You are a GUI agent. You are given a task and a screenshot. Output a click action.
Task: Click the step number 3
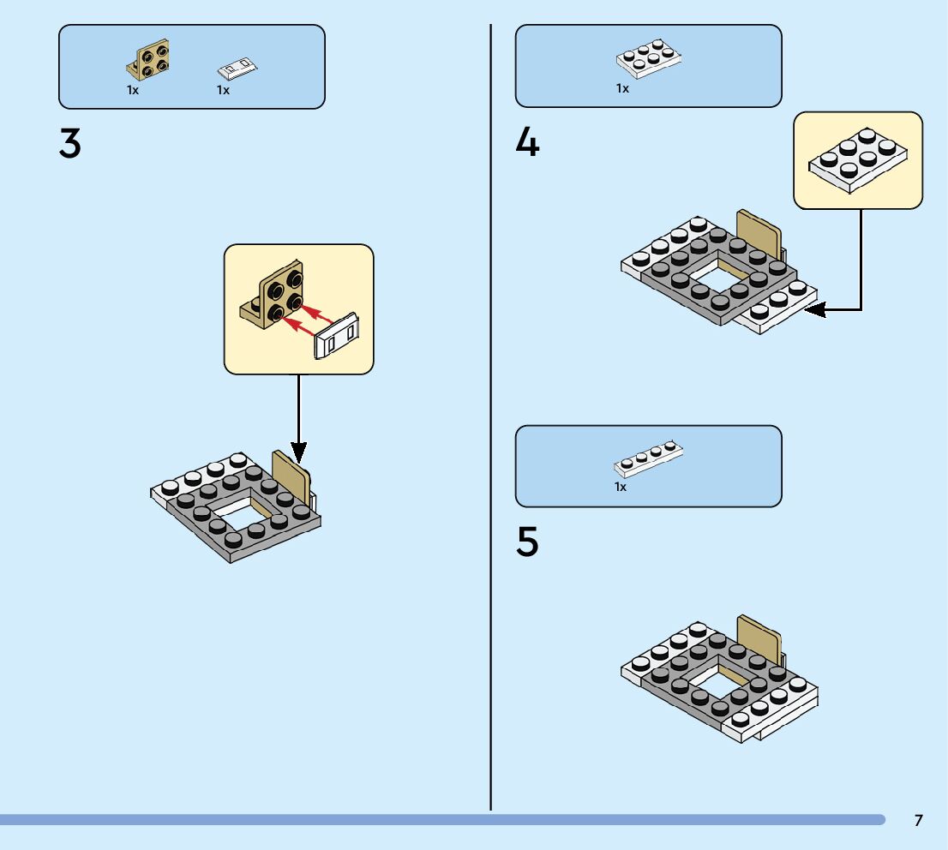(70, 144)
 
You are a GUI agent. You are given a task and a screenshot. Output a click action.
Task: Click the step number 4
(527, 142)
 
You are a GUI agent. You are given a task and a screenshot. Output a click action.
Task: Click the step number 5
(527, 542)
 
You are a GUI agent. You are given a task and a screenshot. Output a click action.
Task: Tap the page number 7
(918, 820)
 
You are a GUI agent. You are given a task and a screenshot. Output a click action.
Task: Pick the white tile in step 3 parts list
(238, 66)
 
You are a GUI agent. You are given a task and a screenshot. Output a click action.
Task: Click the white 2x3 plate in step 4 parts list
(648, 59)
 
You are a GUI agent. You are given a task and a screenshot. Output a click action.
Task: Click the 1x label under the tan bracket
(133, 89)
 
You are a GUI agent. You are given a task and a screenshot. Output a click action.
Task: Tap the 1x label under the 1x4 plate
(621, 487)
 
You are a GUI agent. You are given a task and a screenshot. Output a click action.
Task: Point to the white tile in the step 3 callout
(339, 336)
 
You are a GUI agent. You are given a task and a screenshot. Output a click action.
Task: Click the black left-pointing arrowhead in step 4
(815, 309)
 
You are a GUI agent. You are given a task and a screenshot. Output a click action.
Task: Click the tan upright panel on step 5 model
(759, 638)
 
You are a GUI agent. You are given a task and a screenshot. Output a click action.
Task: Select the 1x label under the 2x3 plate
(622, 88)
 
